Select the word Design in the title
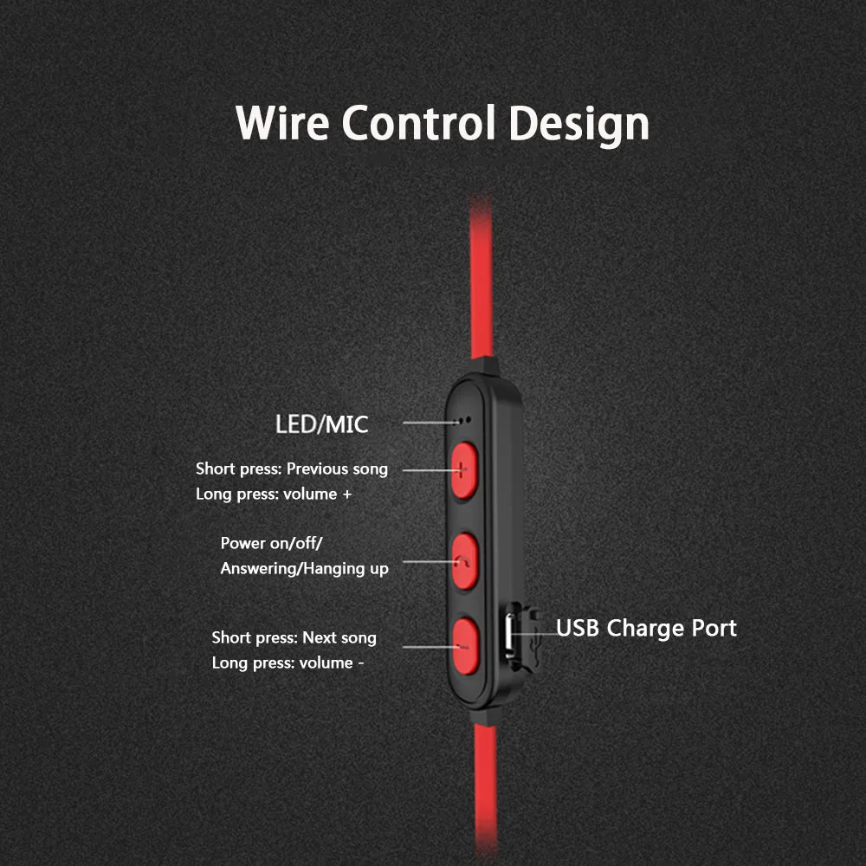[x=579, y=124]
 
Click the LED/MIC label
[x=321, y=424]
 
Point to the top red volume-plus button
[x=465, y=469]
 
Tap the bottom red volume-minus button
[x=465, y=645]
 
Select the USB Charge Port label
[x=646, y=628]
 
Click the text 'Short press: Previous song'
[x=292, y=469]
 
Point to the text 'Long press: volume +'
[x=273, y=494]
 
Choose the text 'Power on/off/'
[x=271, y=543]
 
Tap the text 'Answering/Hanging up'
[x=304, y=568]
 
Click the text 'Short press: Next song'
[x=294, y=637]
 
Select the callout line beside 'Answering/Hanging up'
[x=427, y=561]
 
